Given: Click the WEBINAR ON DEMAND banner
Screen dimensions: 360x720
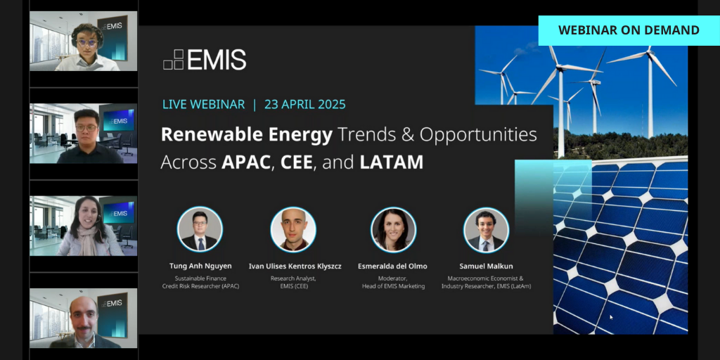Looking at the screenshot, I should (x=629, y=30).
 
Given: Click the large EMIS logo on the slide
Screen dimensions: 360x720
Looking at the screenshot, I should (x=205, y=60).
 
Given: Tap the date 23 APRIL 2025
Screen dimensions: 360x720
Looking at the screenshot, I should (x=305, y=104).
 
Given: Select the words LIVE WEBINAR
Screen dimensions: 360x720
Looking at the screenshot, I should (x=203, y=104).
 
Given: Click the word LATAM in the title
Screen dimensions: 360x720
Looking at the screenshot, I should (x=392, y=162).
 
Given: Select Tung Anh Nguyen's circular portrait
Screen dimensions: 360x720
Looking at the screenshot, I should (x=200, y=229).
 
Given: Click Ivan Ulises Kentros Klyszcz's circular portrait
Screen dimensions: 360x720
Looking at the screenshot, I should (x=293, y=229).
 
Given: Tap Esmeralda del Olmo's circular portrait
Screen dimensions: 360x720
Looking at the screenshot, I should (x=393, y=229).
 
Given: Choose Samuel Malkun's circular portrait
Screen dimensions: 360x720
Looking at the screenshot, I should (x=486, y=229).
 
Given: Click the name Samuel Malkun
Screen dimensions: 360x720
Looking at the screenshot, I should (x=486, y=266).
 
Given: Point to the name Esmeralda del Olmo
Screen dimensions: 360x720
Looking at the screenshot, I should (x=393, y=266).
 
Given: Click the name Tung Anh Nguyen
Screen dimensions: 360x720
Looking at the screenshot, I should (x=200, y=266).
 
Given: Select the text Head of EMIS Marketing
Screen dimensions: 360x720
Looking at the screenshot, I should (x=393, y=286).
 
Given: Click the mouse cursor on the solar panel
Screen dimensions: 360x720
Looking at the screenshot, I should (x=610, y=317).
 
